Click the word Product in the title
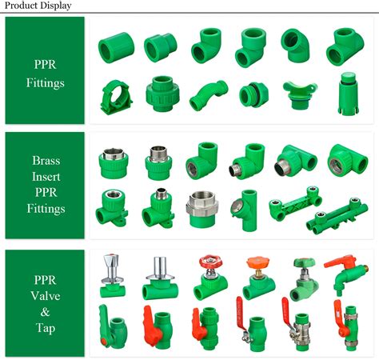pos(21,6)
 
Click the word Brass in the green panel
pos(46,161)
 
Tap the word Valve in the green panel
pos(46,296)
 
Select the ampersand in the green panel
pos(46,312)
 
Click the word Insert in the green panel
pos(46,177)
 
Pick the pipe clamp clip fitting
pos(116,98)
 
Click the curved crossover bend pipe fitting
pos(209,95)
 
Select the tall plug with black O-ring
pos(348,94)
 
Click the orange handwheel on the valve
pos(257,262)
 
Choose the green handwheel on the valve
pos(305,262)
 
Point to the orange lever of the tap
pos(340,262)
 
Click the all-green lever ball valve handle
pos(103,326)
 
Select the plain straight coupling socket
pos(116,48)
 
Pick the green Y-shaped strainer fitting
pos(244,210)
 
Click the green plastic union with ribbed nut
pos(162,94)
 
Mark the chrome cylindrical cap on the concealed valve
pos(160,266)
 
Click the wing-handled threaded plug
pos(300,95)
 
